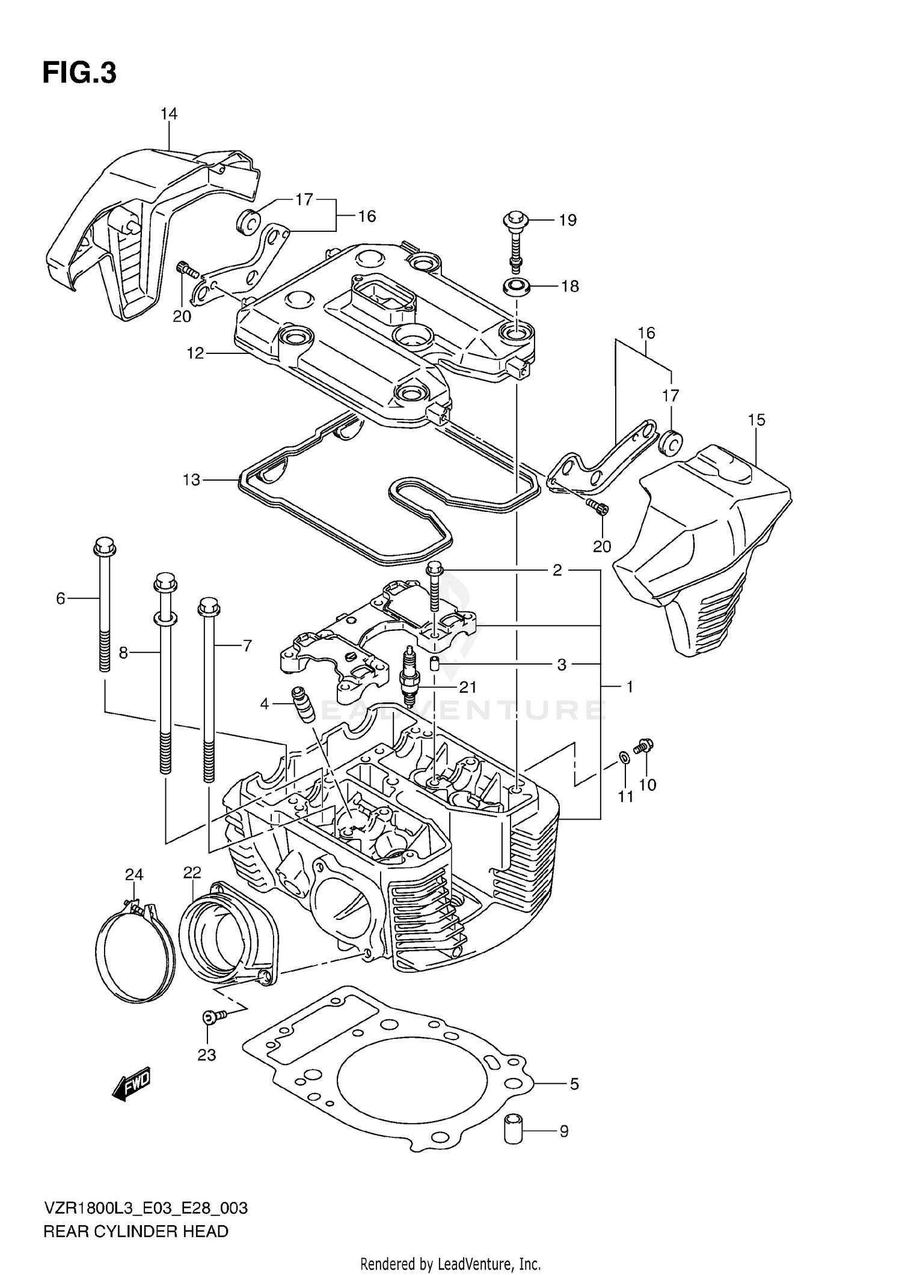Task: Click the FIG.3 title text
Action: point(79,73)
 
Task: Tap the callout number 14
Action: point(169,114)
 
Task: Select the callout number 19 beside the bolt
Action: point(567,221)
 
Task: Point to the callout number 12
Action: point(195,353)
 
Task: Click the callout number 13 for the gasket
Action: point(191,480)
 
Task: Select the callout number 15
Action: point(756,420)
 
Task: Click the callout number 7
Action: point(247,646)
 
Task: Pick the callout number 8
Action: point(123,653)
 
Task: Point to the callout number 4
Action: point(265,704)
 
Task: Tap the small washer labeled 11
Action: point(625,758)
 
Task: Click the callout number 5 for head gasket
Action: point(574,1084)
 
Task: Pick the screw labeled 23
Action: point(212,1015)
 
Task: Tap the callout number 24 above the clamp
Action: point(134,874)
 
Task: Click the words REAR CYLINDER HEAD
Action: point(136,1232)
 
